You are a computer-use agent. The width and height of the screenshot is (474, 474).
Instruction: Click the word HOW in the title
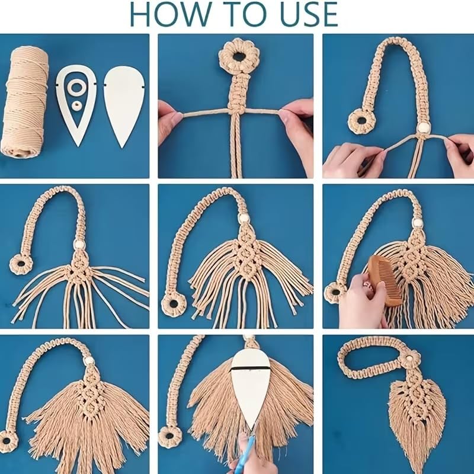(x=170, y=14)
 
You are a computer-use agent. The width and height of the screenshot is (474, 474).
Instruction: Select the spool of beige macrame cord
(x=25, y=102)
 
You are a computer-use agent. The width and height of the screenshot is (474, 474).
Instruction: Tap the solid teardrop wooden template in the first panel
(x=124, y=107)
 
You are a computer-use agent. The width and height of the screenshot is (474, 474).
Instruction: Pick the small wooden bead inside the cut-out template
(x=76, y=106)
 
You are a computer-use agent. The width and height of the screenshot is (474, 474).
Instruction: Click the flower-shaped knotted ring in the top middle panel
(x=239, y=56)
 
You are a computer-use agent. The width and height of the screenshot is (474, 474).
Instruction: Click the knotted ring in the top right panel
(x=361, y=123)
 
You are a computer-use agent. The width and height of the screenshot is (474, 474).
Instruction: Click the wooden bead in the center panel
(x=244, y=217)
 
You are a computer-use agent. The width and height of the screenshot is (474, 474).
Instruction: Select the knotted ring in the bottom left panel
(x=8, y=441)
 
